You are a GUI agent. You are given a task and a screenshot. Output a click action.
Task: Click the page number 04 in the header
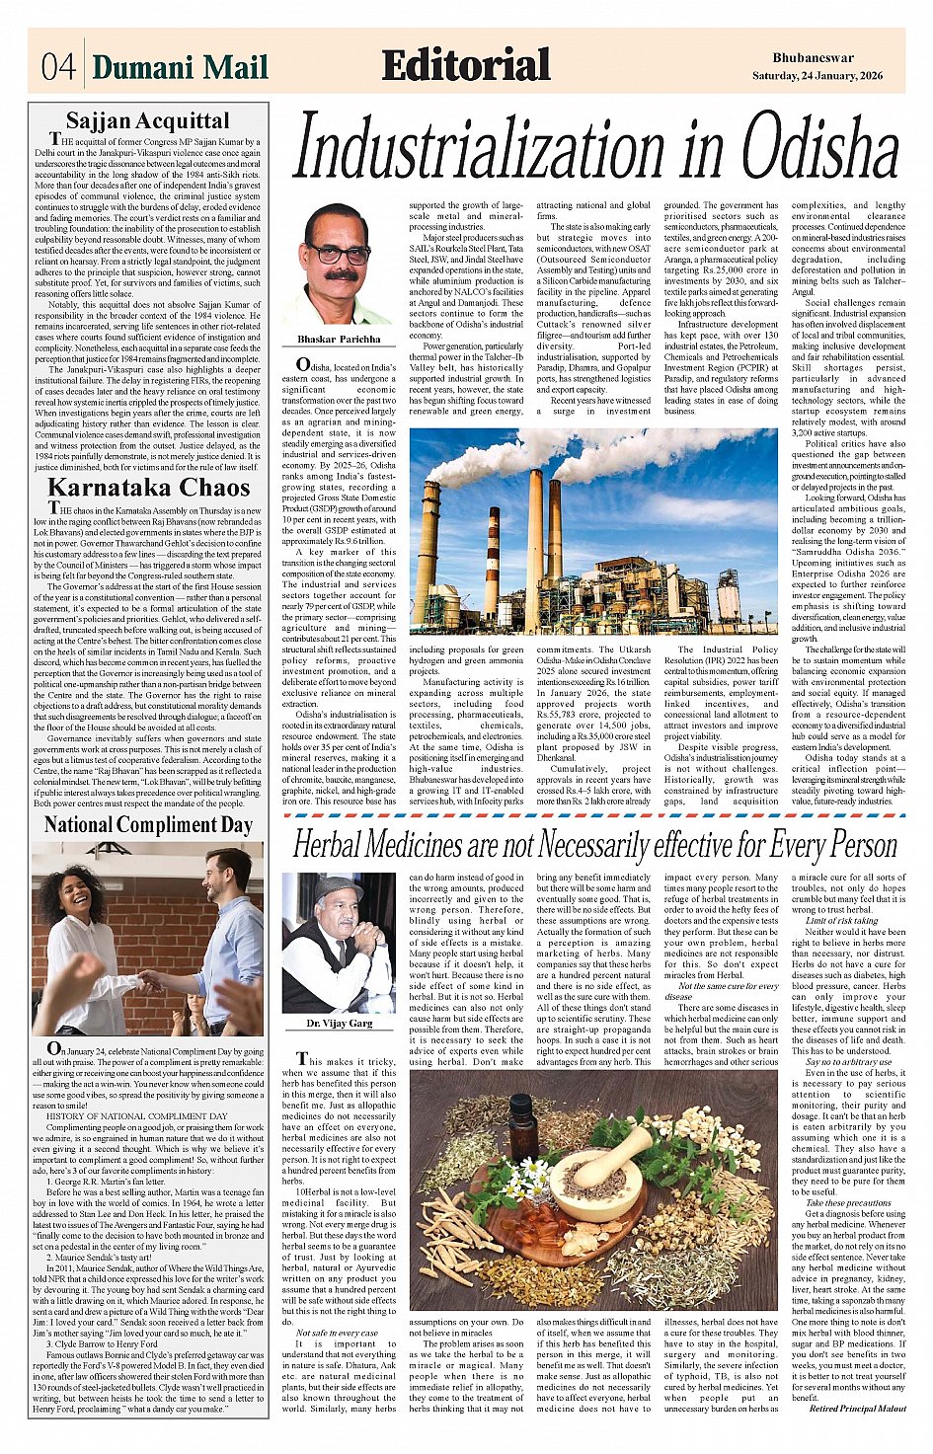[58, 67]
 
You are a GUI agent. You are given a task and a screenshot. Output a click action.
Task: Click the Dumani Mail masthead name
[181, 67]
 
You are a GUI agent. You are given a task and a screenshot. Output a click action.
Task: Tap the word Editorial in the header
[465, 66]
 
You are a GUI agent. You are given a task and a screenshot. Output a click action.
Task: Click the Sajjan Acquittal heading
[147, 121]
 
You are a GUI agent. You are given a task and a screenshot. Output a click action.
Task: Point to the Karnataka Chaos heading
[148, 488]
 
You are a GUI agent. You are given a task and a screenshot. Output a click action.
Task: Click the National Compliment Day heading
[148, 824]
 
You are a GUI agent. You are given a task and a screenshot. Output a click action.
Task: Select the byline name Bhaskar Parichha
[339, 339]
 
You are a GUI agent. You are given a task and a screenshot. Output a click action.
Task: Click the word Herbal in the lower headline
[340, 846]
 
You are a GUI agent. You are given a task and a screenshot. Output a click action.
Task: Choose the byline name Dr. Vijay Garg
[339, 1024]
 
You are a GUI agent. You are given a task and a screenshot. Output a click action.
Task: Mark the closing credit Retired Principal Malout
[856, 1409]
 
